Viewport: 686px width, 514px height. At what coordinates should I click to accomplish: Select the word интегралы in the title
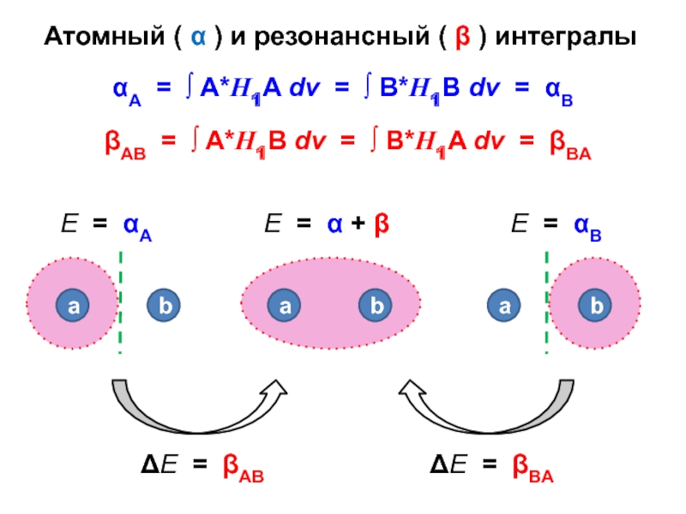567,39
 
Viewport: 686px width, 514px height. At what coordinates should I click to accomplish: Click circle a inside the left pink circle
72,305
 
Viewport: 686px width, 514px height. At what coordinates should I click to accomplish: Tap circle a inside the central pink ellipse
284,305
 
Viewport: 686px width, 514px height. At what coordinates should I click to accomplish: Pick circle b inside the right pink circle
595,305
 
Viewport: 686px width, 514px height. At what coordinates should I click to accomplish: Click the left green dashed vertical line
120,302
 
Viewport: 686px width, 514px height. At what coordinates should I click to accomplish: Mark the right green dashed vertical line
546,302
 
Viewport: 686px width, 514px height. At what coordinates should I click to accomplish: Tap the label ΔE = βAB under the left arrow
202,468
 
